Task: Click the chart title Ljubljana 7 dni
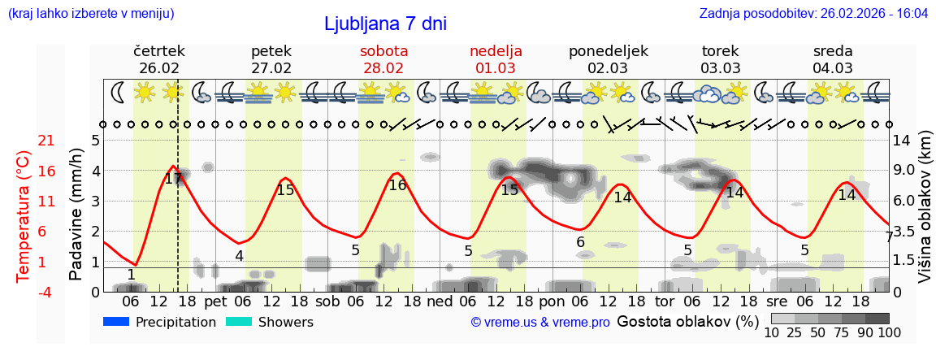[x=385, y=24]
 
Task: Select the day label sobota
[x=383, y=51]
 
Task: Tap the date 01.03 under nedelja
[x=496, y=68]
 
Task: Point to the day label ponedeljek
[x=608, y=51]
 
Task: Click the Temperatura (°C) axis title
[x=23, y=215]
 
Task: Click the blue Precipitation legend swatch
[x=116, y=322]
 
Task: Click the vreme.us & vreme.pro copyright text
[x=540, y=322]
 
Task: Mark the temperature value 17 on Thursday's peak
[x=173, y=179]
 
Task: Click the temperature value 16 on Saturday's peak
[x=397, y=185]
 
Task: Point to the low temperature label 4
[x=239, y=256]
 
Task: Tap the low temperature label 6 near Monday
[x=580, y=242]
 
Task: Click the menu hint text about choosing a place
[x=90, y=13]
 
